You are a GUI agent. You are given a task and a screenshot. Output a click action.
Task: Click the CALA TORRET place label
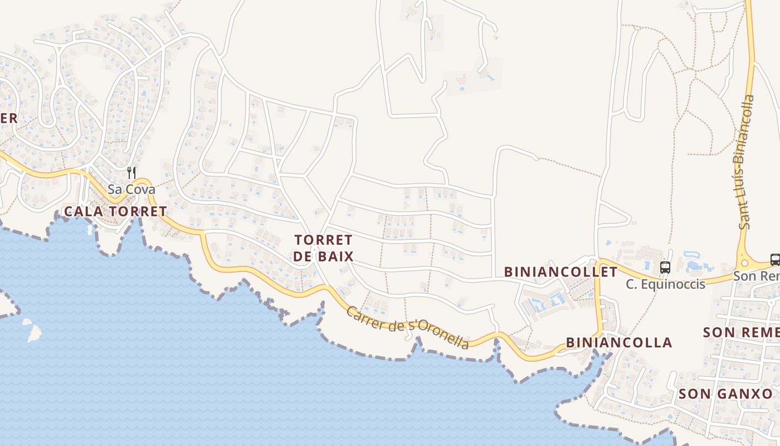coord(115,211)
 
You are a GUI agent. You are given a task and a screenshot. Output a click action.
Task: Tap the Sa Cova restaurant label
coord(131,189)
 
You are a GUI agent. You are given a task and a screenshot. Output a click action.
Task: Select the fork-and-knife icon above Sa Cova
coord(131,173)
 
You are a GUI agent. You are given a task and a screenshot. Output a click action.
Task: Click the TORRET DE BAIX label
coord(324,248)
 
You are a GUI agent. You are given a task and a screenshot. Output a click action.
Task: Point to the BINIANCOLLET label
coord(560,272)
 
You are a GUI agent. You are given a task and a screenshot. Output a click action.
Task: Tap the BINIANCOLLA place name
coord(619,342)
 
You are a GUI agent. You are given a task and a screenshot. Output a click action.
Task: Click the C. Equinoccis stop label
coord(665,284)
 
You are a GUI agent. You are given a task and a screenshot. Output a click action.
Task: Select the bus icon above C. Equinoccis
coord(665,267)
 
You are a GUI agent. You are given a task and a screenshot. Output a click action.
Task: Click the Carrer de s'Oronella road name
coord(408,327)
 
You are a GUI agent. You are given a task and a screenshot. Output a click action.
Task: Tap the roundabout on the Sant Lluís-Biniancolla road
coord(744,263)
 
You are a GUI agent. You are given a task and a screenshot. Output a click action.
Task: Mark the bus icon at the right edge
coord(774,259)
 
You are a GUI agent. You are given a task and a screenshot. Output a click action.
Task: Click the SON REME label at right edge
coord(741,332)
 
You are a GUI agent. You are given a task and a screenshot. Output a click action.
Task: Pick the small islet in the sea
coord(34,332)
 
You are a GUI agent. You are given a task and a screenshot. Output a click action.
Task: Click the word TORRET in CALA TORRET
coord(138,211)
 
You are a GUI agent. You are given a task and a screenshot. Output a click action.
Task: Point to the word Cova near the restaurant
coord(140,189)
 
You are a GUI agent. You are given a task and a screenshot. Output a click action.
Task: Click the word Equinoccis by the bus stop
coord(673,284)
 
